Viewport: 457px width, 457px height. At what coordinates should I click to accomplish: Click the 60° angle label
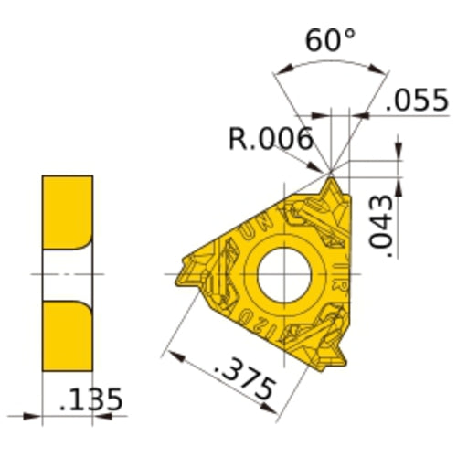pos(329,41)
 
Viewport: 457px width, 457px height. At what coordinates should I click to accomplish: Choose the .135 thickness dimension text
pos(90,400)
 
